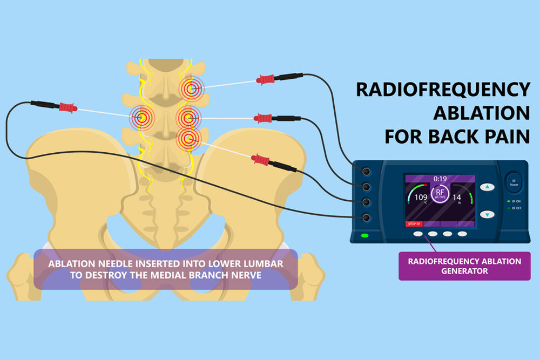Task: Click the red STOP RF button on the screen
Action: [x=414, y=223]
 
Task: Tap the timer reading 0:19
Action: [x=440, y=179]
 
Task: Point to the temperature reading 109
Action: [x=421, y=197]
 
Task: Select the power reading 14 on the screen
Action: [x=457, y=197]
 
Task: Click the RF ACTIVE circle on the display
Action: [x=440, y=194]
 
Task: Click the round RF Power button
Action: [x=514, y=182]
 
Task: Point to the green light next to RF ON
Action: [x=508, y=201]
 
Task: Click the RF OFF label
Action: [x=517, y=208]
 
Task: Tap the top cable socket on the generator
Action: [x=366, y=171]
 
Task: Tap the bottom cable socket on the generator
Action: [x=366, y=218]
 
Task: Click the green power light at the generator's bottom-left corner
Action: [x=364, y=235]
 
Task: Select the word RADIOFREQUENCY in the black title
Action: [x=443, y=90]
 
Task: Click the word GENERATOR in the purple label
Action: [x=464, y=271]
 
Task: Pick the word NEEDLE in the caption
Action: [x=114, y=264]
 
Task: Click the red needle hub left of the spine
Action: [x=68, y=108]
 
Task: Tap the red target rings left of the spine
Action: [x=142, y=118]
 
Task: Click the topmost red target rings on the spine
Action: [x=192, y=89]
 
